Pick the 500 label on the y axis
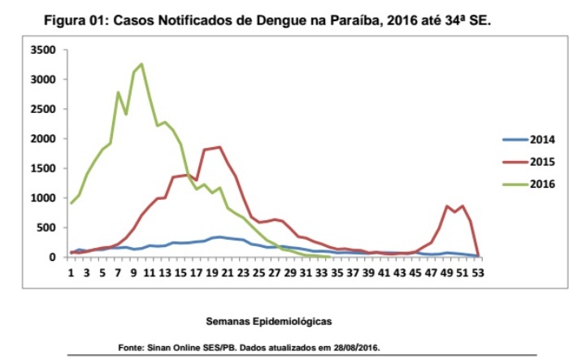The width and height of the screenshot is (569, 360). pyautogui.click(x=47, y=228)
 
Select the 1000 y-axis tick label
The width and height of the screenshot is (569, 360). pyautogui.click(x=44, y=198)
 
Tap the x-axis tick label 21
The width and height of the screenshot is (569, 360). pyautogui.click(x=228, y=272)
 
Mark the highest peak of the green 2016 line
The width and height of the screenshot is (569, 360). pyautogui.click(x=141, y=64)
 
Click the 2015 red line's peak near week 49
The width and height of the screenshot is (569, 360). pyautogui.click(x=446, y=206)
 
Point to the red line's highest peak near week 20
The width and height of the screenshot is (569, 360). pyautogui.click(x=219, y=147)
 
